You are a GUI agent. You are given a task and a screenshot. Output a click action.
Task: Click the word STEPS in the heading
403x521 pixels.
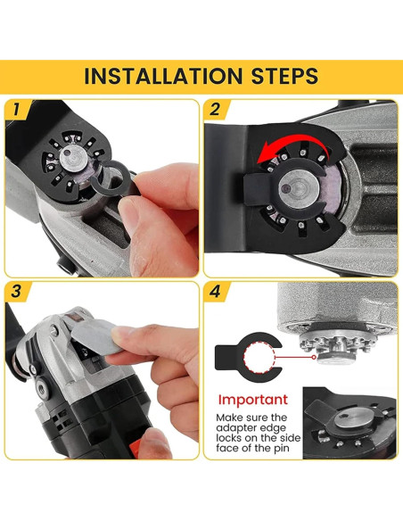pos(284,76)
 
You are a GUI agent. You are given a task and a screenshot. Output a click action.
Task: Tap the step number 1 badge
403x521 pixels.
pos(16,110)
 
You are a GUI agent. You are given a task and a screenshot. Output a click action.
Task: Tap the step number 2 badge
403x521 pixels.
pos(215,110)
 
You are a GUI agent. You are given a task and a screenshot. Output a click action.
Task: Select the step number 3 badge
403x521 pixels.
pos(16,292)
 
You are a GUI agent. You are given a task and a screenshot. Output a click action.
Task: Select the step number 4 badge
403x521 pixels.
pos(215,292)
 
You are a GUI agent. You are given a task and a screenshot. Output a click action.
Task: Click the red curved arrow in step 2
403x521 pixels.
pos(292,143)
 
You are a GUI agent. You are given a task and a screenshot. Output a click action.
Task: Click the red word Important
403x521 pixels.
pos(253,400)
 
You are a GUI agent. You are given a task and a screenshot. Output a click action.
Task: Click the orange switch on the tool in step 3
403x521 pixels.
pos(136,446)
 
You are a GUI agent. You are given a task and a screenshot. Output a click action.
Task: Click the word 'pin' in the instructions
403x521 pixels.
pos(280,448)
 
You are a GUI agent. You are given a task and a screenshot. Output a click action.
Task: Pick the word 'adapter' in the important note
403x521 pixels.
pos(235,427)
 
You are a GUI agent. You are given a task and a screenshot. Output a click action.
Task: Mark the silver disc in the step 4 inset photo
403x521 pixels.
pos(353,418)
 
